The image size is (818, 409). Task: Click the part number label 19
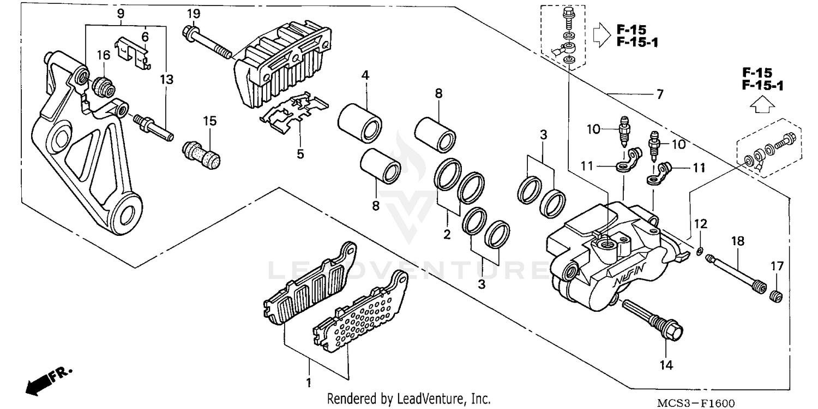191,14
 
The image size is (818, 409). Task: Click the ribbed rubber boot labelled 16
104,87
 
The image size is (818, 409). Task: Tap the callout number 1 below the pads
309,381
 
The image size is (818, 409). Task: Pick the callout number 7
659,94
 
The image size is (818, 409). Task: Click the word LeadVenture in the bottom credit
420,399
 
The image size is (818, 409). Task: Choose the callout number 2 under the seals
447,235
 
